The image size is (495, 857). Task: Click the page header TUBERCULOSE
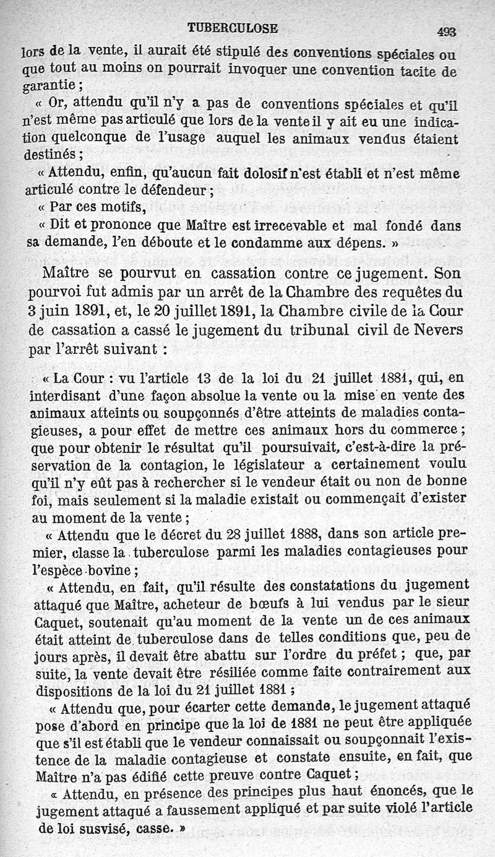coord(233,28)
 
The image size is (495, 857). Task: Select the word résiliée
coord(254,669)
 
